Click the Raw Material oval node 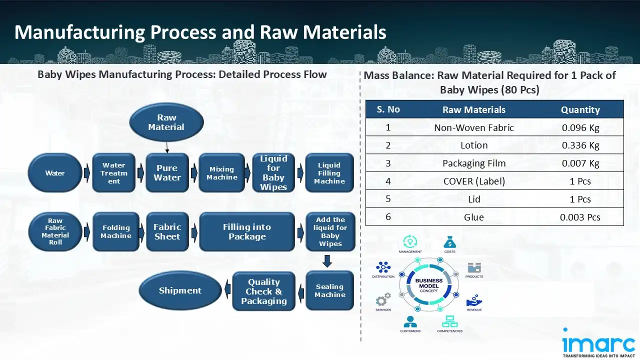coord(166,122)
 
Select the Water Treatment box coord(114,173)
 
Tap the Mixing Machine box coord(222,173)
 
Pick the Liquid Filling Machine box coord(329,173)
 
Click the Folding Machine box coord(116,231)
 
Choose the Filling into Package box coord(247,231)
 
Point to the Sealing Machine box coord(330,290)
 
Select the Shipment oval coord(180,290)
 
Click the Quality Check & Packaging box coord(264,291)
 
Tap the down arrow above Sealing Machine coord(327,261)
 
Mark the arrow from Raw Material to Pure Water coord(167,148)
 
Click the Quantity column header coord(580,109)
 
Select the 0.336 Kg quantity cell coord(580,145)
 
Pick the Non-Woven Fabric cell coord(474,127)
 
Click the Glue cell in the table coord(474,217)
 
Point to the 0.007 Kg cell coord(580,163)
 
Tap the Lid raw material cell coord(474,199)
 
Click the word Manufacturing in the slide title coord(79,32)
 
